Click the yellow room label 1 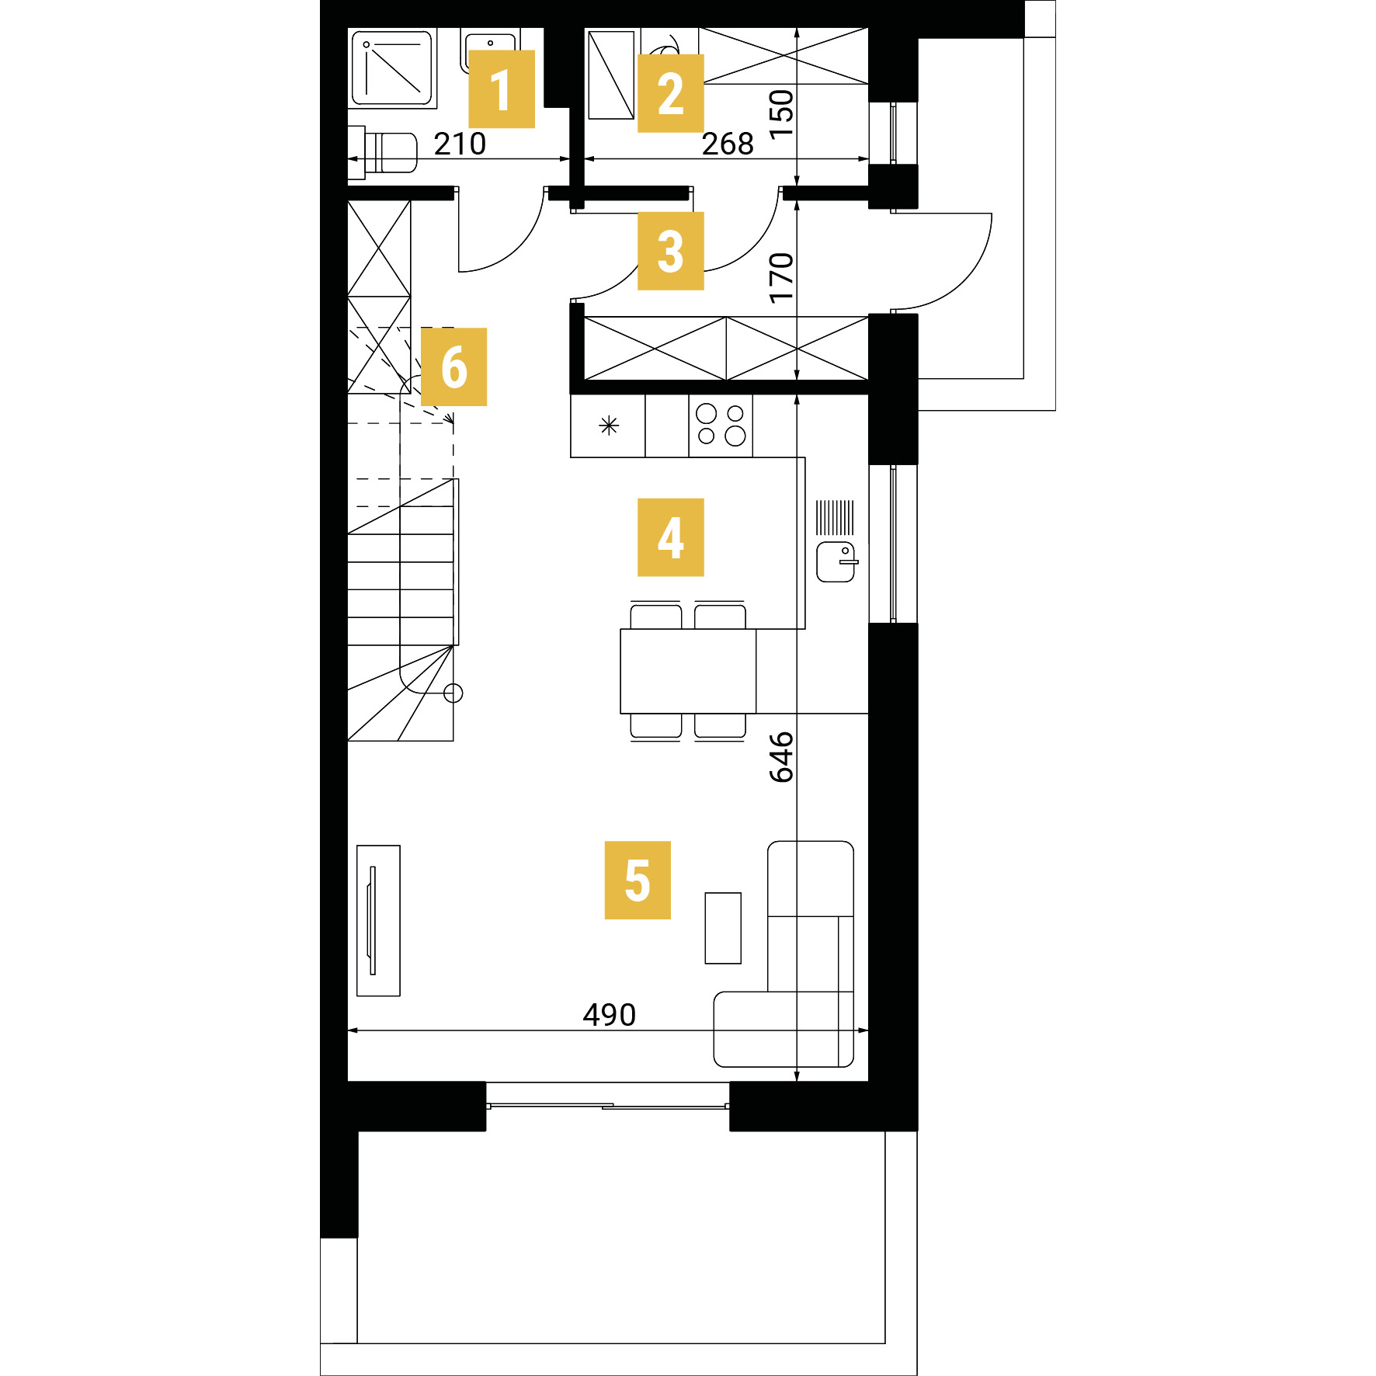tap(502, 89)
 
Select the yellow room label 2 tap(671, 93)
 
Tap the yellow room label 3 tap(671, 251)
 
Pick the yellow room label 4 tap(671, 537)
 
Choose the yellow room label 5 tap(638, 881)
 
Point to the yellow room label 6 tap(454, 367)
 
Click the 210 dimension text tap(460, 144)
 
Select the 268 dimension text tap(728, 144)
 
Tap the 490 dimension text tap(610, 1015)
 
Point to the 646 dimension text tap(781, 756)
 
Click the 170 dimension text tap(781, 278)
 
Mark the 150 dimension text tap(781, 113)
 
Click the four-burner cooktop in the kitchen tap(721, 426)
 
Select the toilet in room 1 tap(383, 153)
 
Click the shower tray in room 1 tap(391, 68)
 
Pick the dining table tap(688, 671)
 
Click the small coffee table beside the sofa tap(723, 928)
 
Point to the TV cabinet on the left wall tap(378, 920)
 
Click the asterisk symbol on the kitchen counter tap(609, 426)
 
